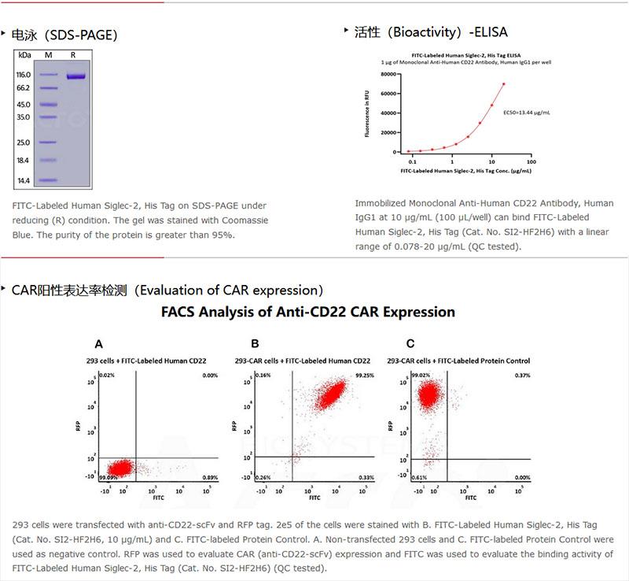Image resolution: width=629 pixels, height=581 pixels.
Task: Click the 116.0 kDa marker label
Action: (x=24, y=75)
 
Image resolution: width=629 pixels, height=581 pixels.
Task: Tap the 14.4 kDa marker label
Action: (x=24, y=180)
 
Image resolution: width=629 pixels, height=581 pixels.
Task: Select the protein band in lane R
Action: (x=75, y=76)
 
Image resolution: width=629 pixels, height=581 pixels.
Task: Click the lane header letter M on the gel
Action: (x=48, y=54)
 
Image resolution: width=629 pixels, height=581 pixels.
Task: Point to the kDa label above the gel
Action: (x=24, y=54)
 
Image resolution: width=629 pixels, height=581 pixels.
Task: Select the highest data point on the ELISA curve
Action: (x=503, y=84)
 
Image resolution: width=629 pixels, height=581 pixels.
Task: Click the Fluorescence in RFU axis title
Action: (x=366, y=113)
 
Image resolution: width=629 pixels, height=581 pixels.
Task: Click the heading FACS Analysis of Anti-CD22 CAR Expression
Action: (x=308, y=312)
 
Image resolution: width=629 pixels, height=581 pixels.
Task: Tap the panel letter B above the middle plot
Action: (x=255, y=344)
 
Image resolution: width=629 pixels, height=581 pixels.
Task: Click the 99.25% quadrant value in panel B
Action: (x=364, y=376)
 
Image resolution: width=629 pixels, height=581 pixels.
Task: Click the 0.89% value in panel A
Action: (x=210, y=477)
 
